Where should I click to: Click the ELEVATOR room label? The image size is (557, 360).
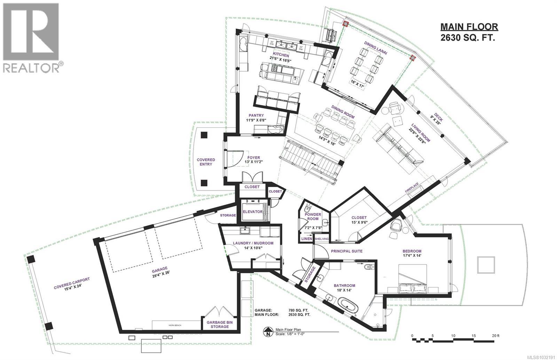click(253, 212)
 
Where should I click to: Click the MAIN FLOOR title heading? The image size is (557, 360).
click(469, 26)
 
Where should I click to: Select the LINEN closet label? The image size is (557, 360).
click(307, 239)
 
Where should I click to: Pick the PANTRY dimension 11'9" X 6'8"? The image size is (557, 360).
click(256, 121)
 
